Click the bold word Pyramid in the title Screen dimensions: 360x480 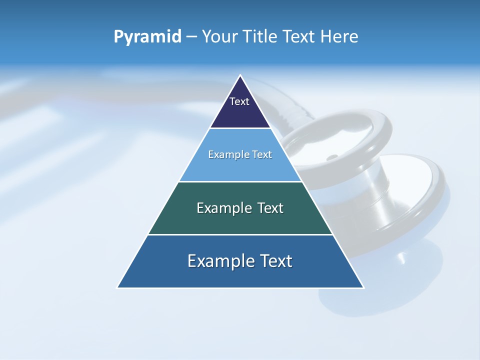[147, 37]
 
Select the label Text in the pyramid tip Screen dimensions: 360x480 [239, 101]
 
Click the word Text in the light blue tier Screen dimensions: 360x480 [261, 154]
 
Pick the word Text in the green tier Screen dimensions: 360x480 [270, 208]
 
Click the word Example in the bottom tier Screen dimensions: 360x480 [218, 261]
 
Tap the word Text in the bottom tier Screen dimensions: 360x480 [276, 261]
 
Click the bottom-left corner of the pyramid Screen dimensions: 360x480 [118, 287]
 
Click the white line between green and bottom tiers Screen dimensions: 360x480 [240, 234]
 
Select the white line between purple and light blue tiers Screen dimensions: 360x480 [240, 128]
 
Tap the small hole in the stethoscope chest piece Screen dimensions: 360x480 [330, 157]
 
